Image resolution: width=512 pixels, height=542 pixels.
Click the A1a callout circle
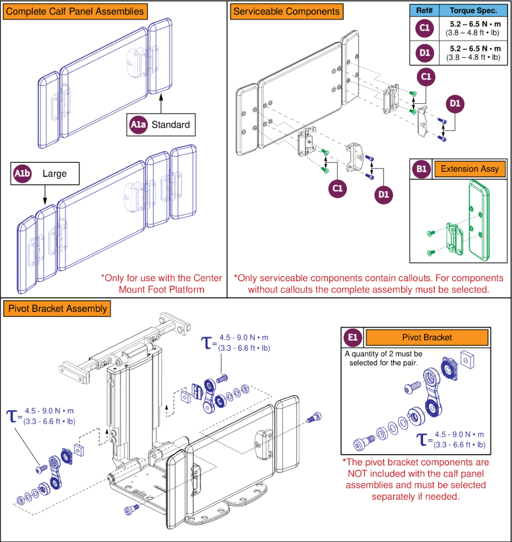click(138, 125)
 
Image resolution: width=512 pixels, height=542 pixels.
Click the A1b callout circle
click(21, 174)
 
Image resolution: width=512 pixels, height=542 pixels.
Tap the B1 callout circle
click(420, 169)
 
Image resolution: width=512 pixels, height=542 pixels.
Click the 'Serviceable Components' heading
click(286, 11)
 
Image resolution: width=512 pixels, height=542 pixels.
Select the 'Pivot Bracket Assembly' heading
click(56, 309)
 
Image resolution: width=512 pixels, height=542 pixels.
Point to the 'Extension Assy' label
click(466, 169)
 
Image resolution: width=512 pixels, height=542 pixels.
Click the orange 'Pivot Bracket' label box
click(426, 337)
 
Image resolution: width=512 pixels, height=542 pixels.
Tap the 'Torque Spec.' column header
click(474, 11)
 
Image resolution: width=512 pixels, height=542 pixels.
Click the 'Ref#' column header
click(424, 11)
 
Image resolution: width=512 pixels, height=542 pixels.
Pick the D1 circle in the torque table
click(424, 53)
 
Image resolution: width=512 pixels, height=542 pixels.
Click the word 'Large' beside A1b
click(54, 174)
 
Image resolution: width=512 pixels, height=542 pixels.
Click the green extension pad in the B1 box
click(479, 220)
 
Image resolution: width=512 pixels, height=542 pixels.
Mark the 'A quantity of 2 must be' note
click(384, 354)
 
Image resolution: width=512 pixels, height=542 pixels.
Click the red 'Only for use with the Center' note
click(161, 278)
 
